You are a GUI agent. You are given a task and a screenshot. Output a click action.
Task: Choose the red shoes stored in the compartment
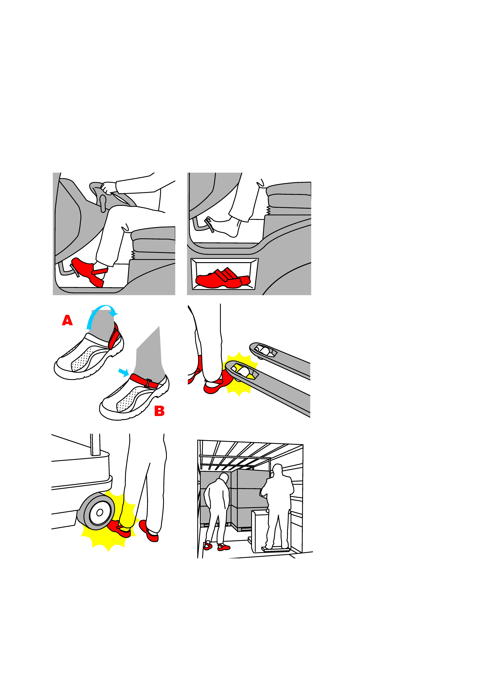click(x=223, y=279)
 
